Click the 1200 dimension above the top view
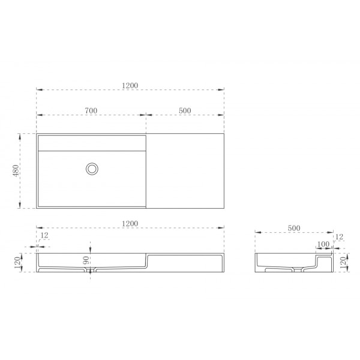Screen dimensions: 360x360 [x=130, y=85]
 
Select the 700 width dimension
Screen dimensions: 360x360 [x=91, y=110]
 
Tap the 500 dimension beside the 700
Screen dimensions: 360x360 [x=185, y=110]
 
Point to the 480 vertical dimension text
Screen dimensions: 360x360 [x=17, y=170]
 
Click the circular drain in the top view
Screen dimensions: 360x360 [x=92, y=169]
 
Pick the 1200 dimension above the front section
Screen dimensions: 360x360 [x=130, y=223]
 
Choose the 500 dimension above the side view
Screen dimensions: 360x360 [x=294, y=228]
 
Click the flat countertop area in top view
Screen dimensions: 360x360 [x=185, y=171]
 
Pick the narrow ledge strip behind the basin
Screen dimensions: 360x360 [x=92, y=143]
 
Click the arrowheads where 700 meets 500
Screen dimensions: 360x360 [x=146, y=115]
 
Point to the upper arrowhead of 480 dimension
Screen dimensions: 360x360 [x=22, y=135]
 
